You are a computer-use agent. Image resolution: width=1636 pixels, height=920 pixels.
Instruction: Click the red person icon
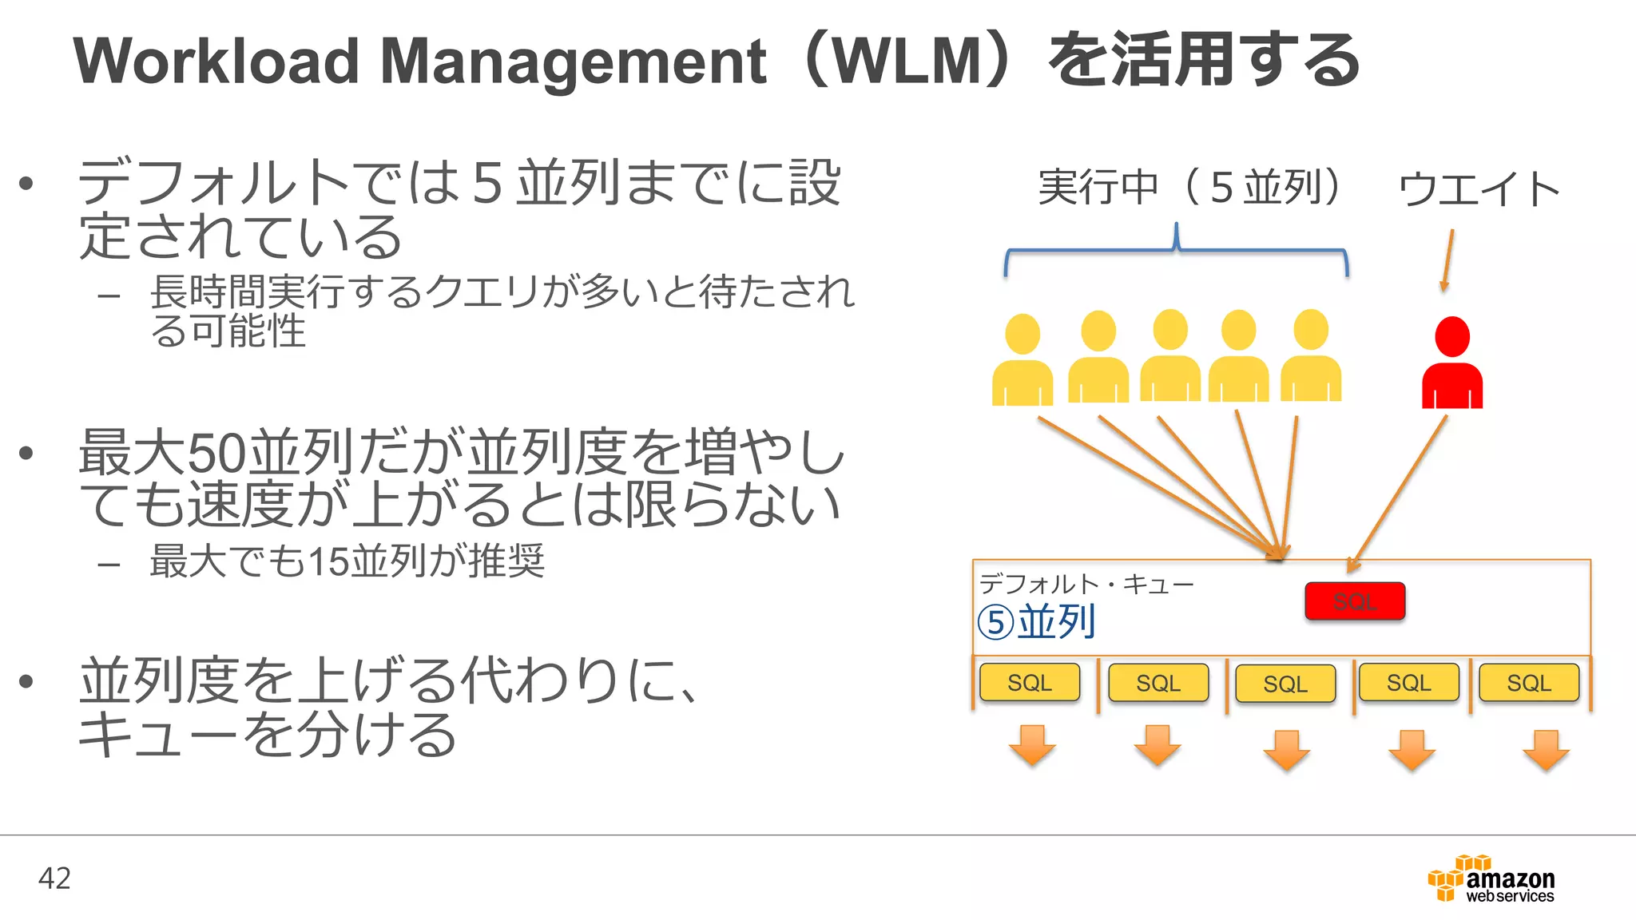[x=1451, y=363]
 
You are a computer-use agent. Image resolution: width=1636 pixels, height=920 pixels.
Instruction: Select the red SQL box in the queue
[x=1355, y=601]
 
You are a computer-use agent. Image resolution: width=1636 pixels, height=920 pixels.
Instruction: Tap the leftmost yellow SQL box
[x=1029, y=683]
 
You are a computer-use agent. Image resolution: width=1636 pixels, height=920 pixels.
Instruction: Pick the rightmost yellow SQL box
[x=1528, y=683]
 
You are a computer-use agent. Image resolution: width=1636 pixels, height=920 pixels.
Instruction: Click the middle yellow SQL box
[x=1285, y=684]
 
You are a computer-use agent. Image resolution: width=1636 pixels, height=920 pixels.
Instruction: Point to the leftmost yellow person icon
[x=1022, y=361]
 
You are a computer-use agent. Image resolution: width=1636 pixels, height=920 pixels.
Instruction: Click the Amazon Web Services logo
[x=1491, y=878]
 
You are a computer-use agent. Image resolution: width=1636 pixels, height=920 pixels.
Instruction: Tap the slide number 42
[x=54, y=878]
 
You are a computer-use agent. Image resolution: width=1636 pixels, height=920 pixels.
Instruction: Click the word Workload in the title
[x=216, y=61]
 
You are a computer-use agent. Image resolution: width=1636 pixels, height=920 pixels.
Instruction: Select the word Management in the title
[x=573, y=61]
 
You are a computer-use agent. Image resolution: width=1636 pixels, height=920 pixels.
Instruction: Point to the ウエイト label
[x=1479, y=189]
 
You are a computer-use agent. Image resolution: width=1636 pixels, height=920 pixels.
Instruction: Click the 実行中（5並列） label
[x=1189, y=187]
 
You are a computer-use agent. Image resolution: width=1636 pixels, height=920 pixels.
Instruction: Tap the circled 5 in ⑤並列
[x=995, y=622]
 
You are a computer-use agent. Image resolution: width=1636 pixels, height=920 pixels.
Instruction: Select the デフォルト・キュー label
[x=1086, y=585]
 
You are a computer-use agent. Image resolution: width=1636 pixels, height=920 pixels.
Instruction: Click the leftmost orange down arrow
[x=1032, y=745]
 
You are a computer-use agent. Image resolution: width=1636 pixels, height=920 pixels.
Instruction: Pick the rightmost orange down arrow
[x=1546, y=749]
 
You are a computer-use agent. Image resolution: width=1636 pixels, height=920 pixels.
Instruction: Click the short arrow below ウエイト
[x=1447, y=260]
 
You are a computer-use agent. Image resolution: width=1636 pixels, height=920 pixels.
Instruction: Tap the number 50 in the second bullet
[x=217, y=453]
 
